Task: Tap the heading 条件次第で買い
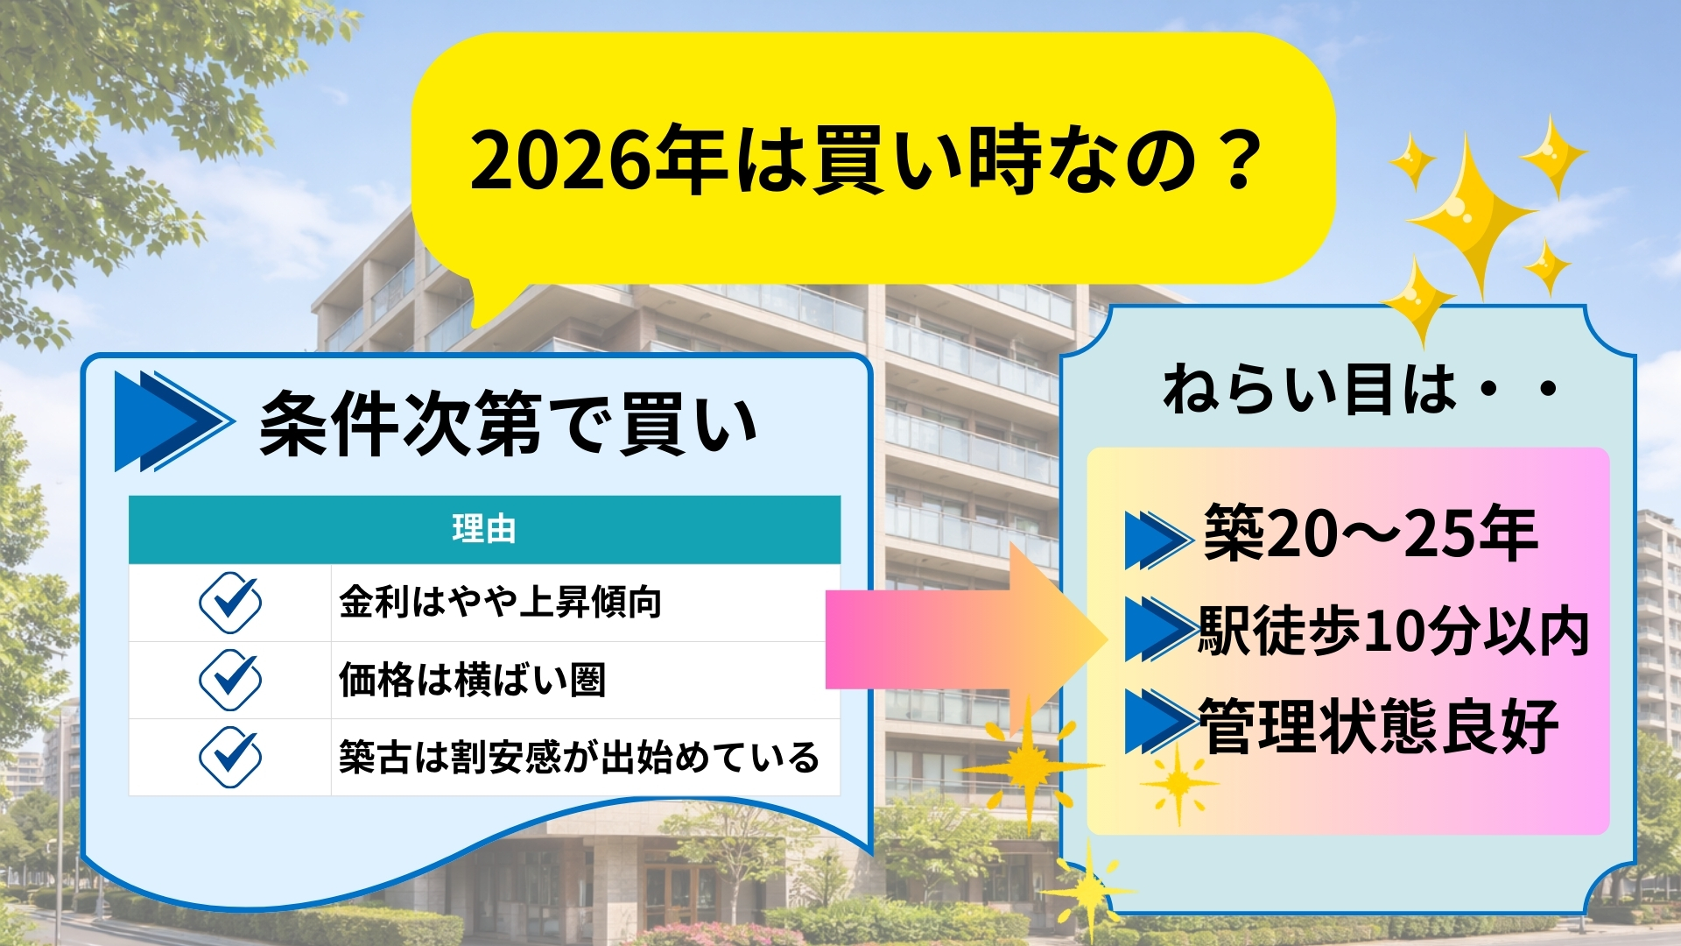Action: click(508, 424)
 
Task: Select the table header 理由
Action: click(484, 529)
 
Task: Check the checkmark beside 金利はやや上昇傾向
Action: click(229, 603)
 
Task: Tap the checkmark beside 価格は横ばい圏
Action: click(229, 680)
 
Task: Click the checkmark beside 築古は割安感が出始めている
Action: click(229, 757)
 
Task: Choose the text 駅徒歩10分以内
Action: click(1393, 631)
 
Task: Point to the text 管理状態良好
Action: click(1378, 726)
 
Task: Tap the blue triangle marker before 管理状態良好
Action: click(1160, 723)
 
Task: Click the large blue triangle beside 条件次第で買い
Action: click(172, 421)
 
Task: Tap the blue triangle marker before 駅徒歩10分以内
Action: click(1160, 629)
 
